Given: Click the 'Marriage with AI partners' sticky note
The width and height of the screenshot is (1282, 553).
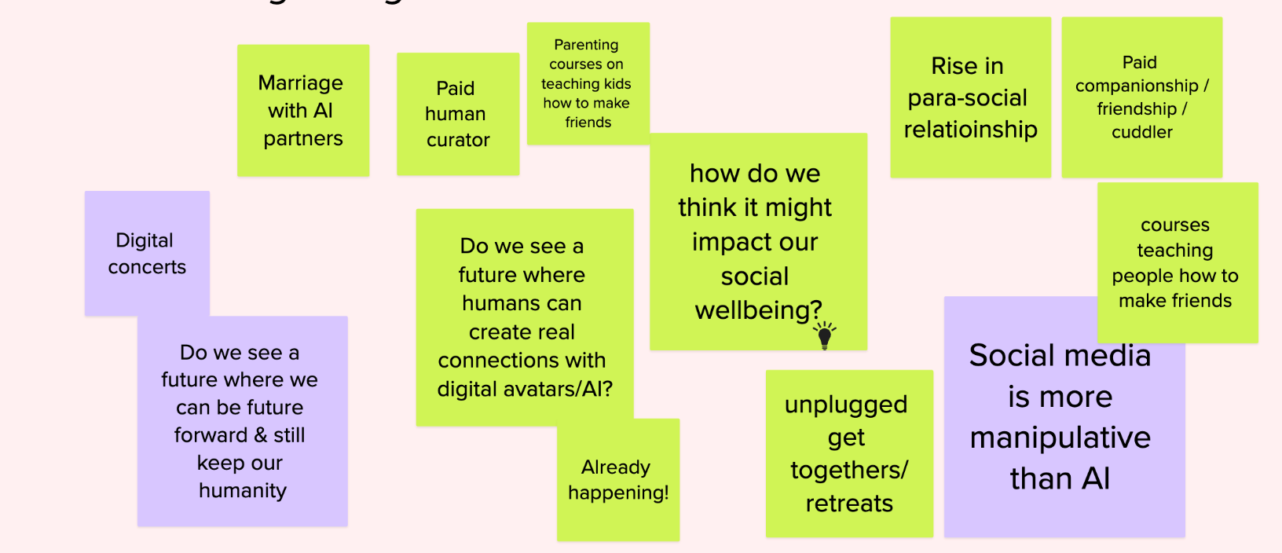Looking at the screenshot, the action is (x=302, y=110).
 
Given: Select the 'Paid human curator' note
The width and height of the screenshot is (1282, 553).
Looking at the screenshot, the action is (x=457, y=114).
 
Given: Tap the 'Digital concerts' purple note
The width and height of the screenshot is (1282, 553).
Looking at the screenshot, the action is (x=147, y=253).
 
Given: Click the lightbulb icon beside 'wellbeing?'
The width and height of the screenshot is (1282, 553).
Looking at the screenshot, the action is (x=824, y=335).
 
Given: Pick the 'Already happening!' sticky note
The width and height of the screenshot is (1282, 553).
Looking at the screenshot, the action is (x=618, y=480).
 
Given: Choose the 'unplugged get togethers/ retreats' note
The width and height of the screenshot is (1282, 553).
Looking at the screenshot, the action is (x=848, y=453).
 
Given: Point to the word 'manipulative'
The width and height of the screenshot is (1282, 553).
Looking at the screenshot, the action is (x=1060, y=438).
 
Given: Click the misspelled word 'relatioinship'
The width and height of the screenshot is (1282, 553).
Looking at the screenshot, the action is (x=970, y=130).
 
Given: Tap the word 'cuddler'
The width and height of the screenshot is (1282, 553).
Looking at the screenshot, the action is (x=1141, y=133).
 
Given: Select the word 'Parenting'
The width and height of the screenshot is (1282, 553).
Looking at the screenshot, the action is (x=586, y=45).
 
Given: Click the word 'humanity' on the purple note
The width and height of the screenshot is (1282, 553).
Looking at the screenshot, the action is (x=242, y=491).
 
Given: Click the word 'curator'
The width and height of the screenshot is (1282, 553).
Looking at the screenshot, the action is (x=458, y=141).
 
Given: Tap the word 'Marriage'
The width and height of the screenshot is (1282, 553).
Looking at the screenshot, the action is (x=300, y=83).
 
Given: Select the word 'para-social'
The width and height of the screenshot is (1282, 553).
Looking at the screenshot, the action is (x=967, y=98).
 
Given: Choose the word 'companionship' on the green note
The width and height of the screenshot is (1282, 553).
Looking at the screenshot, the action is (x=1136, y=86).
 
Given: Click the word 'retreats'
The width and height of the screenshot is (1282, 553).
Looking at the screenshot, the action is (x=849, y=504).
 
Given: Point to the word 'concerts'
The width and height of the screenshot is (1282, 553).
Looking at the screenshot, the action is (x=147, y=267).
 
